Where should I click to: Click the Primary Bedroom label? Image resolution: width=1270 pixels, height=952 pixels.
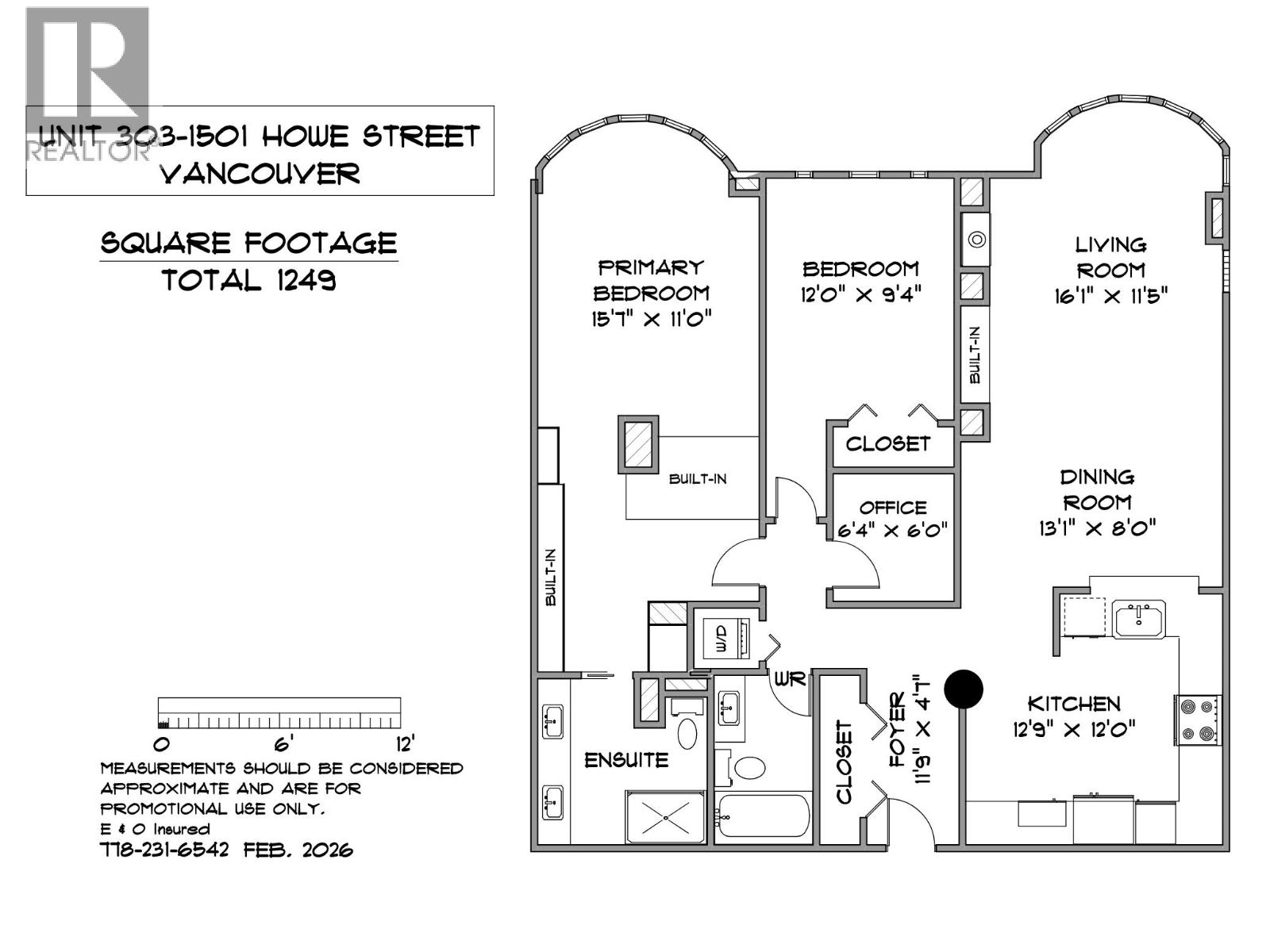651,280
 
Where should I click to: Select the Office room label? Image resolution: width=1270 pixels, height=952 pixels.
893,508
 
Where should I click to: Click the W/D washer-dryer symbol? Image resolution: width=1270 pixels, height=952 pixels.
722,639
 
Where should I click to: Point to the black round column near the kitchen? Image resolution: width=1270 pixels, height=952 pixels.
964,689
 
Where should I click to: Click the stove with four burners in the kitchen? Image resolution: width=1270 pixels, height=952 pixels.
1197,720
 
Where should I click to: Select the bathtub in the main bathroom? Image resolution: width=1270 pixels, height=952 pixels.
763,817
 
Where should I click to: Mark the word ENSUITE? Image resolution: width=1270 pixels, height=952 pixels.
626,760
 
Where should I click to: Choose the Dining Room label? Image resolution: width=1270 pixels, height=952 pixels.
1098,489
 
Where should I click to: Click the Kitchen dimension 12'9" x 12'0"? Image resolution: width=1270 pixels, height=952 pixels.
1074,728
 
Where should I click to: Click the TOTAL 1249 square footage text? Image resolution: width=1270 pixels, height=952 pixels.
249,280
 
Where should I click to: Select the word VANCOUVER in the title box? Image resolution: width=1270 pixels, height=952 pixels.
260,174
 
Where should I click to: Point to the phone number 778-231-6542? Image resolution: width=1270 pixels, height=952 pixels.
165,850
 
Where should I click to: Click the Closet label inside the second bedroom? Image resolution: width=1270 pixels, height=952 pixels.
887,443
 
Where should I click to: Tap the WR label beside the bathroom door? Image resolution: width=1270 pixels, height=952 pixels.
791,679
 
